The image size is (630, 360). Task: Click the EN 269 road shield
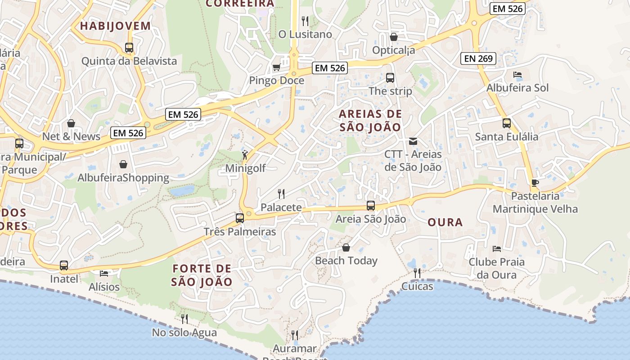coord(478,58)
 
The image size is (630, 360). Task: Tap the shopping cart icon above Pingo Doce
coord(276,67)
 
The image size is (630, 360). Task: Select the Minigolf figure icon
coord(245,155)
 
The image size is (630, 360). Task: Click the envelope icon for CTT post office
coord(413,141)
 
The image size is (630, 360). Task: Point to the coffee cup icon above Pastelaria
coord(535,183)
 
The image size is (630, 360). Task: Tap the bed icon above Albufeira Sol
coord(517,75)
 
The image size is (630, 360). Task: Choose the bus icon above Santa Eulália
coord(507,123)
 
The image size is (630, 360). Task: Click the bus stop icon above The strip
coord(390,78)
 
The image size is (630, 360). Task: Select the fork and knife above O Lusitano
coord(305,21)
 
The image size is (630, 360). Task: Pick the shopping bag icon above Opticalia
coord(394,37)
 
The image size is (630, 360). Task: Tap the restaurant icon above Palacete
coord(281,194)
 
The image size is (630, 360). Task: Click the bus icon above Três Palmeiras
coord(240,218)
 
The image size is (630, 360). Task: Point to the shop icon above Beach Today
coord(346,247)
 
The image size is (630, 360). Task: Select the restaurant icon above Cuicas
coord(417,273)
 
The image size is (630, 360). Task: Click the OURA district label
coord(445,222)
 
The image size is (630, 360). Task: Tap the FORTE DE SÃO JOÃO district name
coord(202,275)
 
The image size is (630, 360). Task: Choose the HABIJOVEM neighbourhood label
coord(115,26)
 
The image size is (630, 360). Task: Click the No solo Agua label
coord(184,333)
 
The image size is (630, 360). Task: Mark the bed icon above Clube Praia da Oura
coord(497,248)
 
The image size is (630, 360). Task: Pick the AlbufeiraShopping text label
coord(123,178)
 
